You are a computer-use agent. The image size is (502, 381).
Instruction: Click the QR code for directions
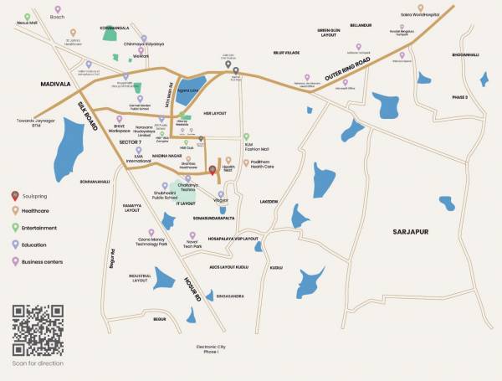tap(37, 331)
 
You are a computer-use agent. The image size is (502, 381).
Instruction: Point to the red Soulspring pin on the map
tap(213, 171)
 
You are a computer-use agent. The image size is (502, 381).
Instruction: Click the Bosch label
tap(57, 16)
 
